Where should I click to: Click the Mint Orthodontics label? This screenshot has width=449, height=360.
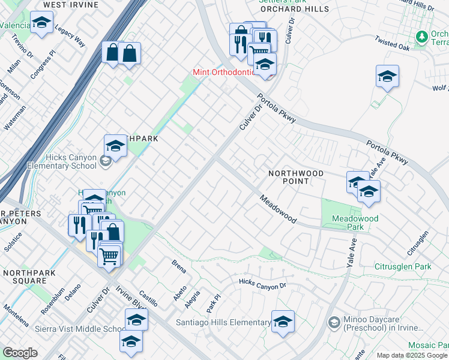(224, 72)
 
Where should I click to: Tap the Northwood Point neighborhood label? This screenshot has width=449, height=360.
(296, 177)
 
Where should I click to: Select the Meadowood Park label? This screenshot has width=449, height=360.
(355, 223)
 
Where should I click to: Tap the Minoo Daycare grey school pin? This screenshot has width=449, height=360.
(334, 323)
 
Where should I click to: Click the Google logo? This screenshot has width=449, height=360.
(20, 353)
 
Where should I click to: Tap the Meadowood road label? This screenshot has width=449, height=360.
(278, 209)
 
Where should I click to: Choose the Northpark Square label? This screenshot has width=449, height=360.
(25, 277)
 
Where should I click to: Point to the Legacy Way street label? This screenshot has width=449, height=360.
(70, 36)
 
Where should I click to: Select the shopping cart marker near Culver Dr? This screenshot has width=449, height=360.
(109, 256)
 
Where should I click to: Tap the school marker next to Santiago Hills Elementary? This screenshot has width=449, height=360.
(283, 322)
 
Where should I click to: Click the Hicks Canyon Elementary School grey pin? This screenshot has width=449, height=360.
(105, 161)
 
